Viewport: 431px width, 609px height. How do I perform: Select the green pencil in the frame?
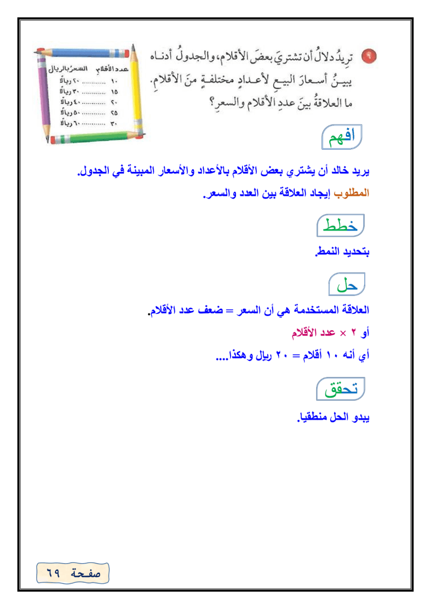pyautogui.click(x=92, y=139)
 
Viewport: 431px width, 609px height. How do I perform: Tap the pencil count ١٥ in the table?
pyautogui.click(x=114, y=92)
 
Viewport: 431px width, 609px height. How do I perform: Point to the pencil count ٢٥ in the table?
pyautogui.click(x=114, y=113)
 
